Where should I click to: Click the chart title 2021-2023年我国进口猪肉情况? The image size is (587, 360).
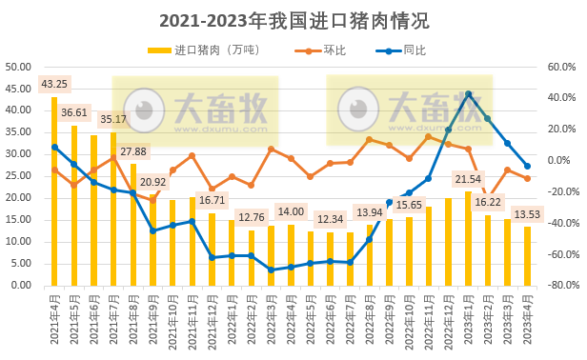coord(293,20)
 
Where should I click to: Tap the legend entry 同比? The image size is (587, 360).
coord(414,50)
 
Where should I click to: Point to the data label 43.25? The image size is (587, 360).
coord(54,84)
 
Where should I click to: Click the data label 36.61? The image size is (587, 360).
coord(74,112)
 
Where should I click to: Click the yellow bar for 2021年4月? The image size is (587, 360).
coord(54,190)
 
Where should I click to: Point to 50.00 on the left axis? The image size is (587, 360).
coord(19,67)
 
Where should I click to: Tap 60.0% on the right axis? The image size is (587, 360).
coord(562,67)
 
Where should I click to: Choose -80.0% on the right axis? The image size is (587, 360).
coord(560,285)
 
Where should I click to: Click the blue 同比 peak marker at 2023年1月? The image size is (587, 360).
coord(468,94)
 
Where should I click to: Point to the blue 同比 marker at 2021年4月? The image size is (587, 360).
coord(54,148)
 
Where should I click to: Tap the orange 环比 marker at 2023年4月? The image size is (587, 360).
coord(527,178)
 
